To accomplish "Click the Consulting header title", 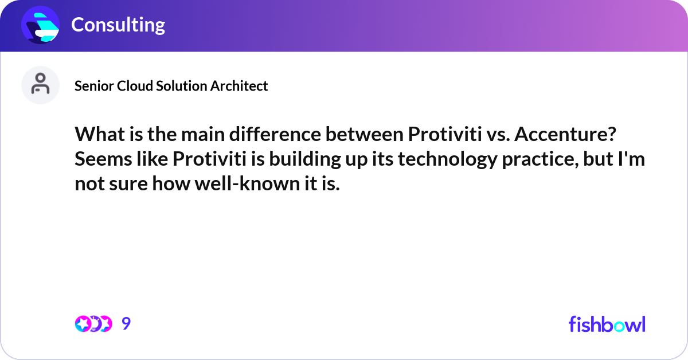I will click(118, 25).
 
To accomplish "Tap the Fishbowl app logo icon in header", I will click(41, 25).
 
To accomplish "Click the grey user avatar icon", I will click(40, 85).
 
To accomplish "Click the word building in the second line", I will click(314, 159).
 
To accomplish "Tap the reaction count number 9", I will click(126, 324).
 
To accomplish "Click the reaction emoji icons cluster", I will click(93, 324).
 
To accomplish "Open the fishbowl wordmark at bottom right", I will click(607, 324).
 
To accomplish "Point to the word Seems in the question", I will click(100, 159).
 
